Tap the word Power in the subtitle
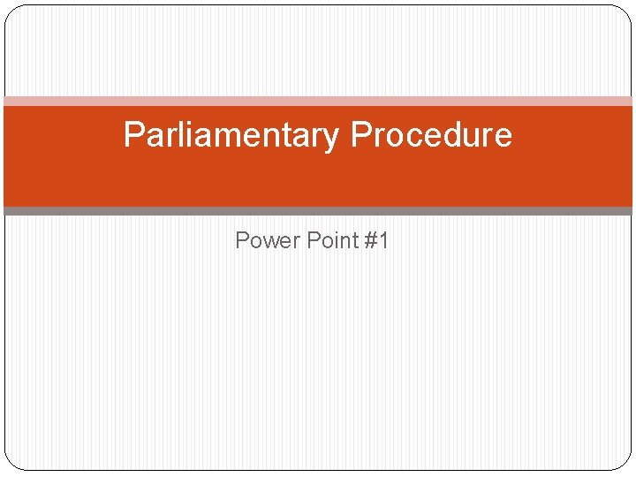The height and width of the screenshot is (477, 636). pyautogui.click(x=266, y=239)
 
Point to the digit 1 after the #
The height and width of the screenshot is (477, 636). pyautogui.click(x=383, y=239)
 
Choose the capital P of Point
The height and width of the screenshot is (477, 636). pyautogui.click(x=312, y=239)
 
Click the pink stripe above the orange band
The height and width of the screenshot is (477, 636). pyautogui.click(x=318, y=101)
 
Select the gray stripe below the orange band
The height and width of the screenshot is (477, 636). pyautogui.click(x=318, y=211)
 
